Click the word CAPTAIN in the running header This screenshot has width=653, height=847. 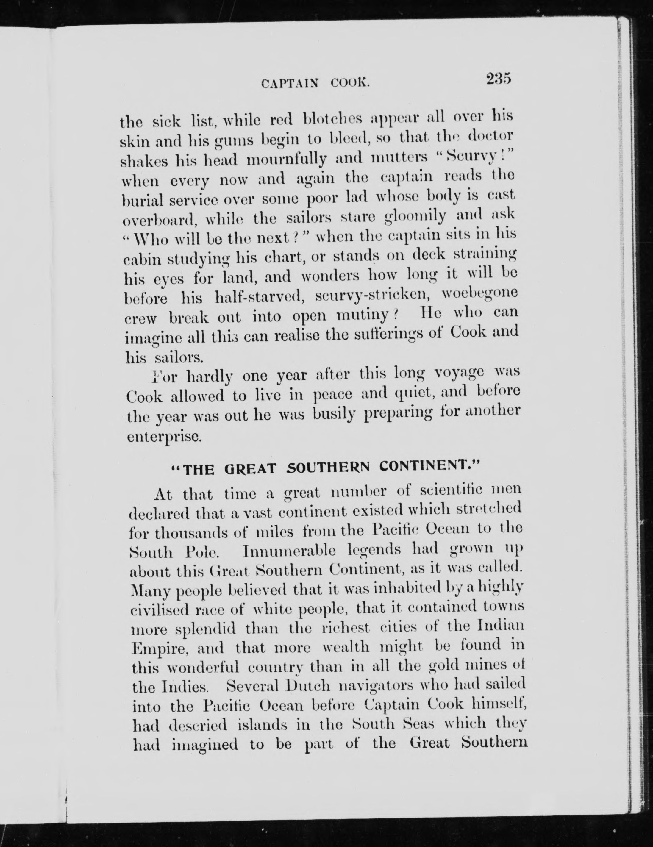(290, 83)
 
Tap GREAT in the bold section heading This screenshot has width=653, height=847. (250, 469)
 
